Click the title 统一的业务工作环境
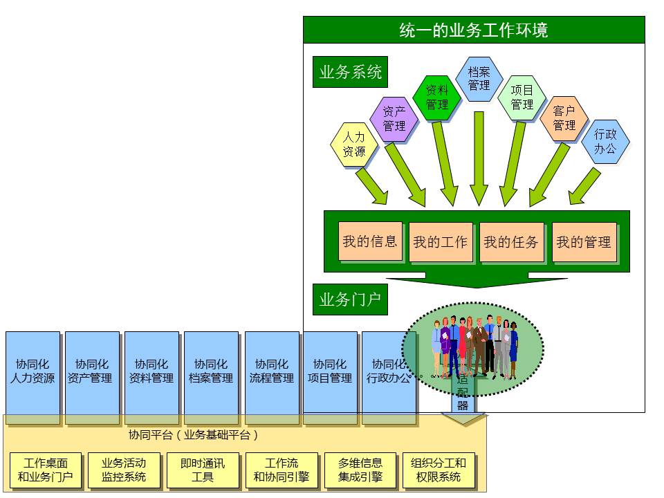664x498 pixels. [474, 30]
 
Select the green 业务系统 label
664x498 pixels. [351, 72]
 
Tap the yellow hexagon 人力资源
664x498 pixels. [354, 145]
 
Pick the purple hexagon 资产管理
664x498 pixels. [394, 118]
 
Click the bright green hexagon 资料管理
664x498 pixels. [436, 98]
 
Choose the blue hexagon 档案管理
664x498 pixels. [479, 79]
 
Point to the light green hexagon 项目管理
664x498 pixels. [522, 98]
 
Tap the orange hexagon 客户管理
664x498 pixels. [564, 118]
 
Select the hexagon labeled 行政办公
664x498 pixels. [605, 142]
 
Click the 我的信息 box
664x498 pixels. [370, 241]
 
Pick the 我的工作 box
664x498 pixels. [441, 242]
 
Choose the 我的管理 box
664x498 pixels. [584, 242]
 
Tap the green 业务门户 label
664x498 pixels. [351, 299]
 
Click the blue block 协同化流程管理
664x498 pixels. [272, 371]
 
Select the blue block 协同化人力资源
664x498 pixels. [33, 371]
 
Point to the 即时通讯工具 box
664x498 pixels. [203, 470]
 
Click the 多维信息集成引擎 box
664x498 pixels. [360, 470]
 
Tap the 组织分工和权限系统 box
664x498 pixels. [439, 470]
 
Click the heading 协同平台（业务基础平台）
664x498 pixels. [194, 435]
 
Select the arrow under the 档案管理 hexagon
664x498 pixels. [479, 159]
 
